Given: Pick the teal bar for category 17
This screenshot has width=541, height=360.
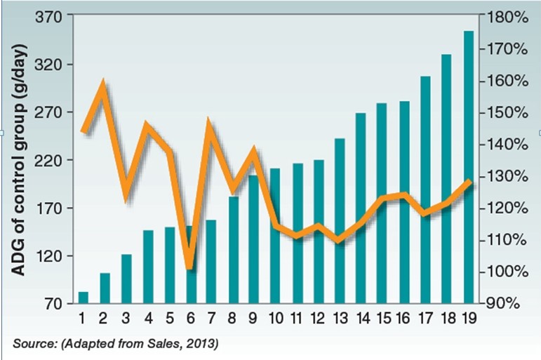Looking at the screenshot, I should [x=425, y=189].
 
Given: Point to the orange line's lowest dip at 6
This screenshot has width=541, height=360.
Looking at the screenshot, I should [x=189, y=267].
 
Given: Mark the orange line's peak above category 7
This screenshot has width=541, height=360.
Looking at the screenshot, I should [x=209, y=124].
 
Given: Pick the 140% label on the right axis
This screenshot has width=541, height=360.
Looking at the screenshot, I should [x=501, y=145].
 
